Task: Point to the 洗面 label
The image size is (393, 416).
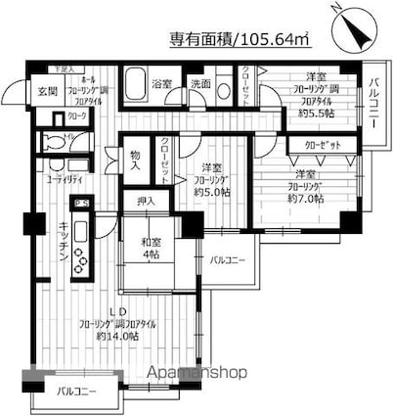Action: (199, 84)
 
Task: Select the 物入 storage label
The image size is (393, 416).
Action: (136, 157)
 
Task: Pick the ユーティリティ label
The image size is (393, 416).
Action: (64, 181)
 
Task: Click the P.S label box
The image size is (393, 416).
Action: (83, 203)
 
